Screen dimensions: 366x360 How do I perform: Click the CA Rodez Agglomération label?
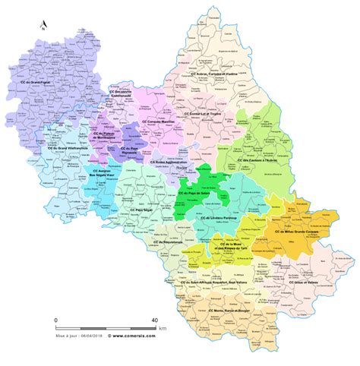pyautogui.click(x=167, y=161)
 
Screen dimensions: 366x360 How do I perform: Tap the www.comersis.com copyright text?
pyautogui.click(x=135, y=333)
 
